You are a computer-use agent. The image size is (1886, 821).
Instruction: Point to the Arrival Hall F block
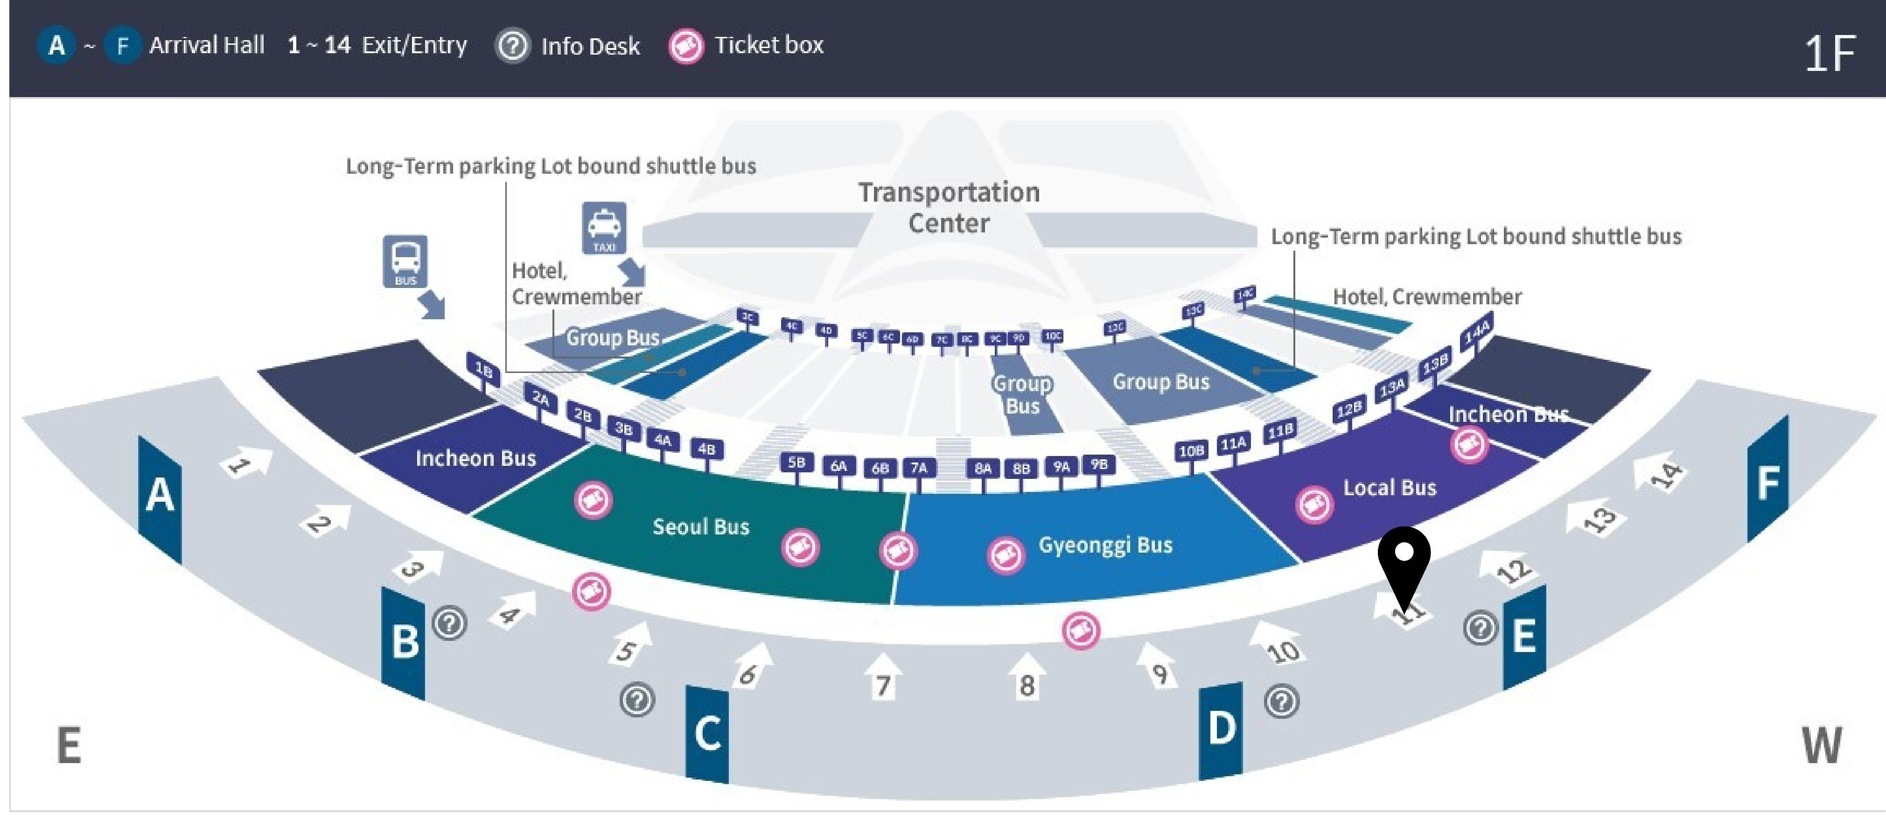[x=1767, y=480]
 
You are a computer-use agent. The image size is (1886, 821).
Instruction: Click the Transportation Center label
[x=949, y=207]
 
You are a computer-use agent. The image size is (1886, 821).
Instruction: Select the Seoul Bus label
[x=701, y=526]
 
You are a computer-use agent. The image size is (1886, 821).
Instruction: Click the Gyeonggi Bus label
[x=1105, y=545]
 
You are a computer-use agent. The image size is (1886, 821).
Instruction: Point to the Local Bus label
[x=1389, y=488]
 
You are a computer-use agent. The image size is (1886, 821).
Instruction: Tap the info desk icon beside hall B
[x=449, y=623]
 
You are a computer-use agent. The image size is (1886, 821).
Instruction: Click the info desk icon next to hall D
[x=1281, y=701]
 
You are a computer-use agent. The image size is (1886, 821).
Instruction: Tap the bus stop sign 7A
[x=918, y=467]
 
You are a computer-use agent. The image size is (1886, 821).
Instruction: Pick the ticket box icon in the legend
[x=686, y=46]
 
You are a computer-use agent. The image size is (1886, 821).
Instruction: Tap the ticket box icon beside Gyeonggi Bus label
[x=1006, y=556]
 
